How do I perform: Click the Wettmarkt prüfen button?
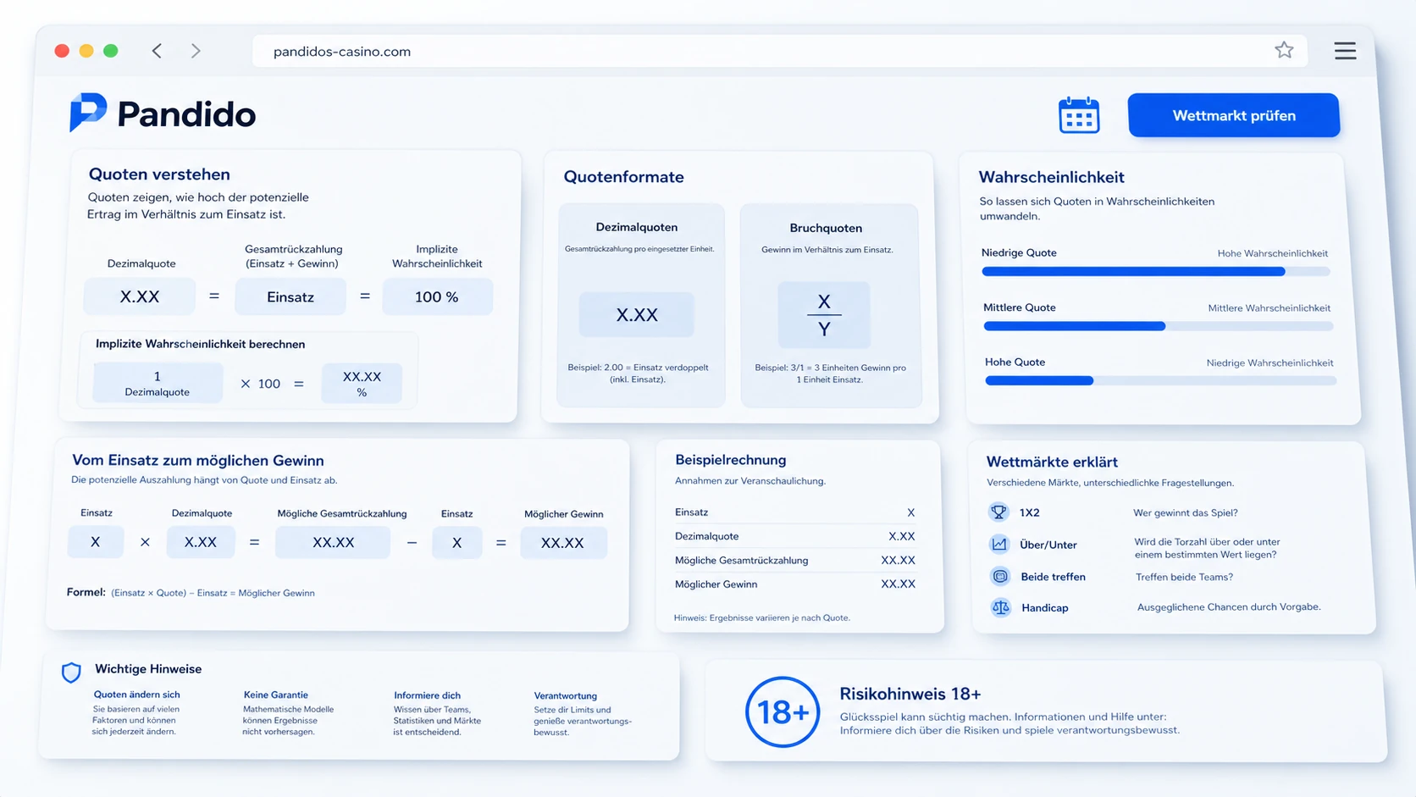[x=1233, y=115]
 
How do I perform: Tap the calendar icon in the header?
[x=1079, y=115]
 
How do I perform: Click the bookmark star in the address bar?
[x=1284, y=50]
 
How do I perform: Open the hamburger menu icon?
[x=1345, y=51]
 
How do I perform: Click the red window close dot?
[x=62, y=51]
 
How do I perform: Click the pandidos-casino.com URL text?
[x=342, y=51]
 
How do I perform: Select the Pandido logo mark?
[x=88, y=113]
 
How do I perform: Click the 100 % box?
[x=438, y=296]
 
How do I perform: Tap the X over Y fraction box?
[x=824, y=315]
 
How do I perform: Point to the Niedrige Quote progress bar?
[x=1155, y=272]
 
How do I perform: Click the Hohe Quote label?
[x=1015, y=363]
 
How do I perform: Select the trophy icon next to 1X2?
[x=998, y=512]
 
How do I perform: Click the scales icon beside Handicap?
[x=1001, y=607]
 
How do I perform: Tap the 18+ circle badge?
[x=783, y=712]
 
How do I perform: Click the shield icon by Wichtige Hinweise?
[x=71, y=672]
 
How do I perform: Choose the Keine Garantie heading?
[x=275, y=695]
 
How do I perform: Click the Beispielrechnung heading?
[x=731, y=460]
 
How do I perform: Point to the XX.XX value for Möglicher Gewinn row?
[x=899, y=584]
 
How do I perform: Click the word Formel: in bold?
[x=86, y=592]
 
